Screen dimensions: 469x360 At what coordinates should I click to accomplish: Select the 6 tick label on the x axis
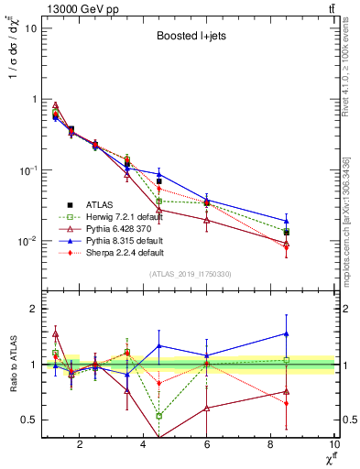tap(207, 445)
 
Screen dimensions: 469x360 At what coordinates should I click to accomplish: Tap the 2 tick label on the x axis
tap(80, 445)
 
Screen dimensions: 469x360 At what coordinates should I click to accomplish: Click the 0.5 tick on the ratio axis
tap(29, 420)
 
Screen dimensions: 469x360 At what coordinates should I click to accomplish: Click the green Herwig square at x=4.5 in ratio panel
tap(159, 416)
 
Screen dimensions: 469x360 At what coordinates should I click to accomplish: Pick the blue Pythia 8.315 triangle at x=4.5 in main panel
tap(159, 173)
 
